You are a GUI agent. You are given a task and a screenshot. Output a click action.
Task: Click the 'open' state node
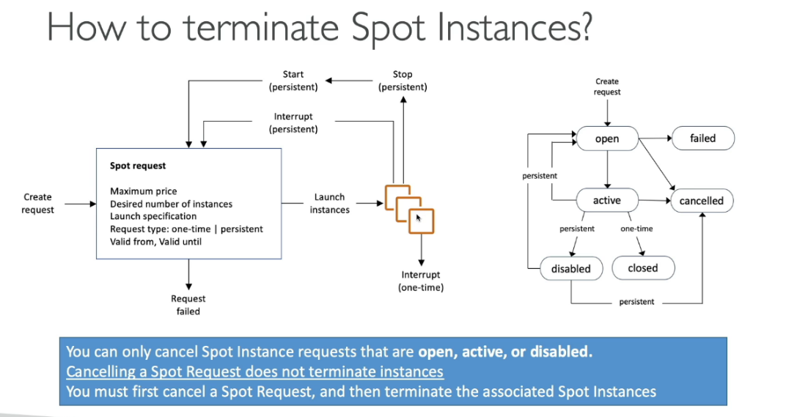point(606,139)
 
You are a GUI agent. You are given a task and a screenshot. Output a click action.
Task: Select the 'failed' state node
point(702,138)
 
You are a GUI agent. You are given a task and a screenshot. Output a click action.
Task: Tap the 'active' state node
point(606,200)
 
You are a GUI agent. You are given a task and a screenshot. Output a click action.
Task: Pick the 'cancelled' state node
point(701,201)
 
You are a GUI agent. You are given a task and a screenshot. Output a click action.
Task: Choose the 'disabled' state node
point(570,268)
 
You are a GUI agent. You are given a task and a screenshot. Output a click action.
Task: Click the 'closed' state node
point(642,268)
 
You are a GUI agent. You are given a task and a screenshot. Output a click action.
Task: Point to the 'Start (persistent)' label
point(293,81)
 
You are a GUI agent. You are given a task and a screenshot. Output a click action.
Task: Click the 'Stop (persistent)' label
point(403,81)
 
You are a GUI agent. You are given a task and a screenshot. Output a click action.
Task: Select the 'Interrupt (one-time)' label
point(421,281)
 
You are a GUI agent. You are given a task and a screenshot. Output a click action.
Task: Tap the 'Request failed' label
point(188,305)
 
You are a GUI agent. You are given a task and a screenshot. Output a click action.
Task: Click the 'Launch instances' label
point(329,203)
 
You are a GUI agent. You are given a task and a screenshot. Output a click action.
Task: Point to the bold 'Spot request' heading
point(138,166)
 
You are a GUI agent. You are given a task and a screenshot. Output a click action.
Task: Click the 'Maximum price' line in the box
point(144,191)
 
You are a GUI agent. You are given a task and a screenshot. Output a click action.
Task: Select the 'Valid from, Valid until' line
point(155,241)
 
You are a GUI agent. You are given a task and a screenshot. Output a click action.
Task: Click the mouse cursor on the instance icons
point(419,218)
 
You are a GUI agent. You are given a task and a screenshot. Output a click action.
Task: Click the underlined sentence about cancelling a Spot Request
point(254,372)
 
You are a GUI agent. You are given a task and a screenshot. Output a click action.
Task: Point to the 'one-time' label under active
point(636,229)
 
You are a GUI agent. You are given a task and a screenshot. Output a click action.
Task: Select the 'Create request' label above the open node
point(607,86)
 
